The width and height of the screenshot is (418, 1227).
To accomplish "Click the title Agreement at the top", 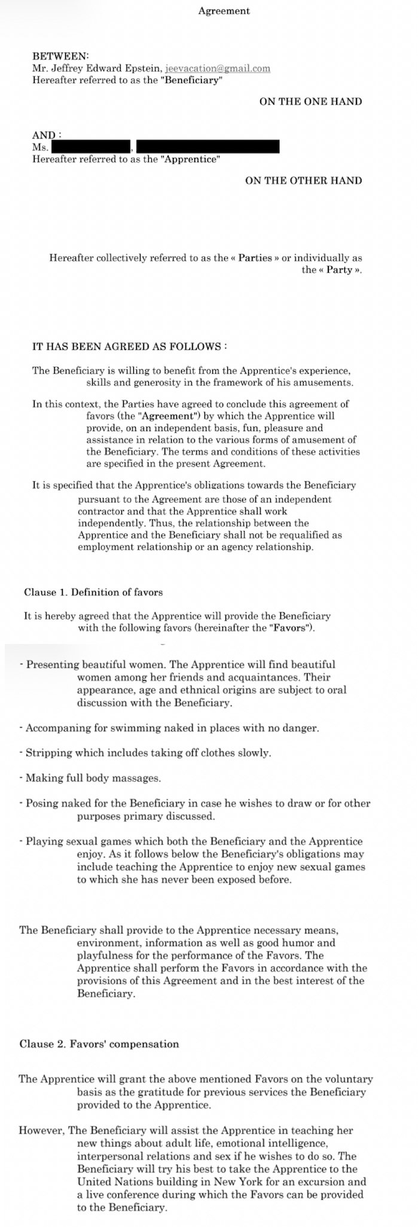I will [224, 11].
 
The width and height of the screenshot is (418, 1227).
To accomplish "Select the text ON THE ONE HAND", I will [310, 101].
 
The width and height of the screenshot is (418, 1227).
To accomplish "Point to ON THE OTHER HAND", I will [303, 180].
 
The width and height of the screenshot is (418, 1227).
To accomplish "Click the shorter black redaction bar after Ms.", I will [91, 146].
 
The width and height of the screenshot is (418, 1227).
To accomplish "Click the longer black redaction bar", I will [208, 146].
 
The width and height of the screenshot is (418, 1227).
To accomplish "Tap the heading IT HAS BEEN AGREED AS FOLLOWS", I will [129, 347].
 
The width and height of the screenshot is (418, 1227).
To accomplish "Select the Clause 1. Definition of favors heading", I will [93, 592].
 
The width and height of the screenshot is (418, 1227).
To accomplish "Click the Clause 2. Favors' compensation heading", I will [99, 1043].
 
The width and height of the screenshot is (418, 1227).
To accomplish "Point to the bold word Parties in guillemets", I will [255, 258].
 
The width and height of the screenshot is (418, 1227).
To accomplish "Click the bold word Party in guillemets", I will [339, 270].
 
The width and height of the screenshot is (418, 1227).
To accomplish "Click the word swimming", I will [148, 728].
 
